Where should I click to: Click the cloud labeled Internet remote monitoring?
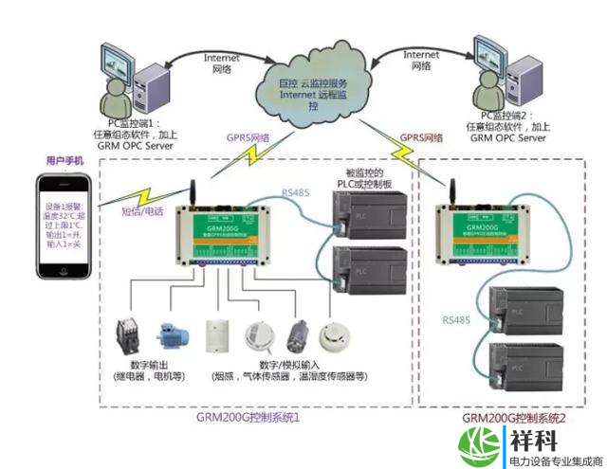pyautogui.click(x=313, y=90)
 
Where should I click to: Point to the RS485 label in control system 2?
pyautogui.click(x=455, y=321)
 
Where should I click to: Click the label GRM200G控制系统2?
pyautogui.click(x=513, y=418)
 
